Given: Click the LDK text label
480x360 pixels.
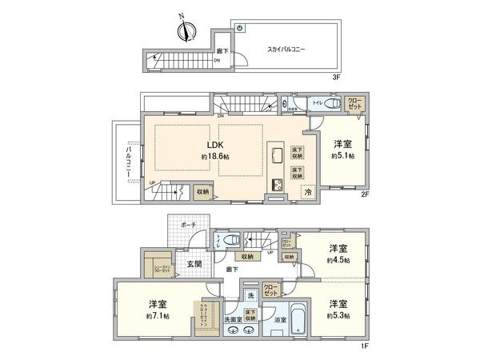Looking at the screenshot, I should (x=214, y=145).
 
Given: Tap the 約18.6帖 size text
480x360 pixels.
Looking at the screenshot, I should (x=214, y=157).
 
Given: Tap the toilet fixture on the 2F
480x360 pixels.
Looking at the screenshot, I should (x=334, y=104).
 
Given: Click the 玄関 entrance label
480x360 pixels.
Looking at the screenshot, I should (x=194, y=263).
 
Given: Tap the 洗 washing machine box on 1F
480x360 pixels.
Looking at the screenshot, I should (x=251, y=295).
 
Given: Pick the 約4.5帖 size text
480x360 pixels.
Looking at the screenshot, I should (x=337, y=260).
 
